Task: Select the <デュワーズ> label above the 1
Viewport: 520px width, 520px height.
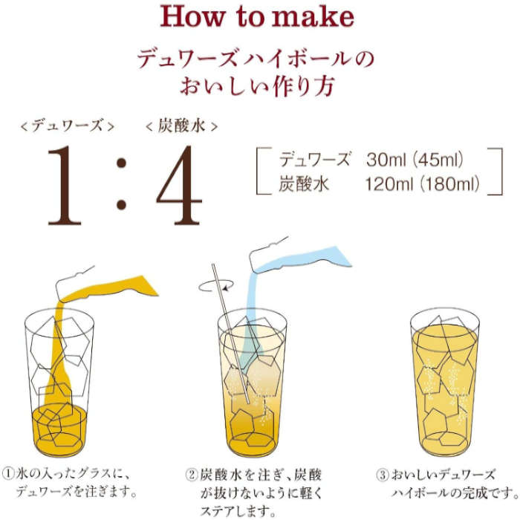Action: [x=68, y=126]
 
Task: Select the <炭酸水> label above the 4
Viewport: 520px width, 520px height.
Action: [x=182, y=126]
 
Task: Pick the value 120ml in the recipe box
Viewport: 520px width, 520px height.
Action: [x=389, y=183]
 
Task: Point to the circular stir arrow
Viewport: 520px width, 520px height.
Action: [x=215, y=285]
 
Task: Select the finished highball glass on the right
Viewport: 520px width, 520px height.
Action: [x=445, y=383]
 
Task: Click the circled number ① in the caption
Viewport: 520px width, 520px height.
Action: [x=11, y=472]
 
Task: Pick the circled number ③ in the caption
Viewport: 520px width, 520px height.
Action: [x=383, y=472]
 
